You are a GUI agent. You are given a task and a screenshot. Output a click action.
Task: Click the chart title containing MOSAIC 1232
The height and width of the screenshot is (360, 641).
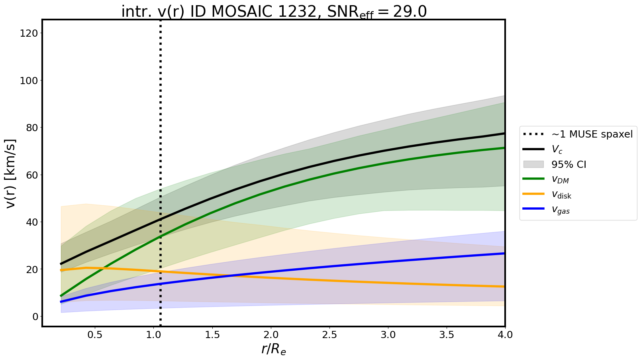[274, 12]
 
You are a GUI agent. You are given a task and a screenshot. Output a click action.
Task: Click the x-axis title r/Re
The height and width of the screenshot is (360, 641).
[274, 349]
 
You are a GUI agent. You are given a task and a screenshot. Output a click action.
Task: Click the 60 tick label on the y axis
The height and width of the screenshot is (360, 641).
[31, 175]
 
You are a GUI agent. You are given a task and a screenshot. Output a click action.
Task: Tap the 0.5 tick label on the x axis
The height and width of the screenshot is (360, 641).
[95, 335]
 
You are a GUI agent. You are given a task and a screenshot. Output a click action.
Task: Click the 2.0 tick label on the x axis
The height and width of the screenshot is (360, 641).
[271, 335]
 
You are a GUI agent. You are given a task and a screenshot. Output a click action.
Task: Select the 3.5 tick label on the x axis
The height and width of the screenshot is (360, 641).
[447, 335]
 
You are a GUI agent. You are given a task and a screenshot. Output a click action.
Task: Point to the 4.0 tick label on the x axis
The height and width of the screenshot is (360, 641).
[505, 335]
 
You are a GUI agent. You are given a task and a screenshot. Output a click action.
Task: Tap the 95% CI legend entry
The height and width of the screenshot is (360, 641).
[568, 165]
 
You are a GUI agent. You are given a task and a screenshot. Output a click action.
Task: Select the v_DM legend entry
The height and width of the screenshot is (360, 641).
[560, 180]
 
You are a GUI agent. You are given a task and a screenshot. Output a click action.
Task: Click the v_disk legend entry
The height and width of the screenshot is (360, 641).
[561, 195]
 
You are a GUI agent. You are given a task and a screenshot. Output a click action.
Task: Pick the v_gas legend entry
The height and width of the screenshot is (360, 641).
[561, 210]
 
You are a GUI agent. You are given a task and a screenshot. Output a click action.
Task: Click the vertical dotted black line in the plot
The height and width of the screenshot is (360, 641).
[160, 120]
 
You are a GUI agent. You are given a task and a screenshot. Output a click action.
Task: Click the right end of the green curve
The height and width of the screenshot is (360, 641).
[504, 148]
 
